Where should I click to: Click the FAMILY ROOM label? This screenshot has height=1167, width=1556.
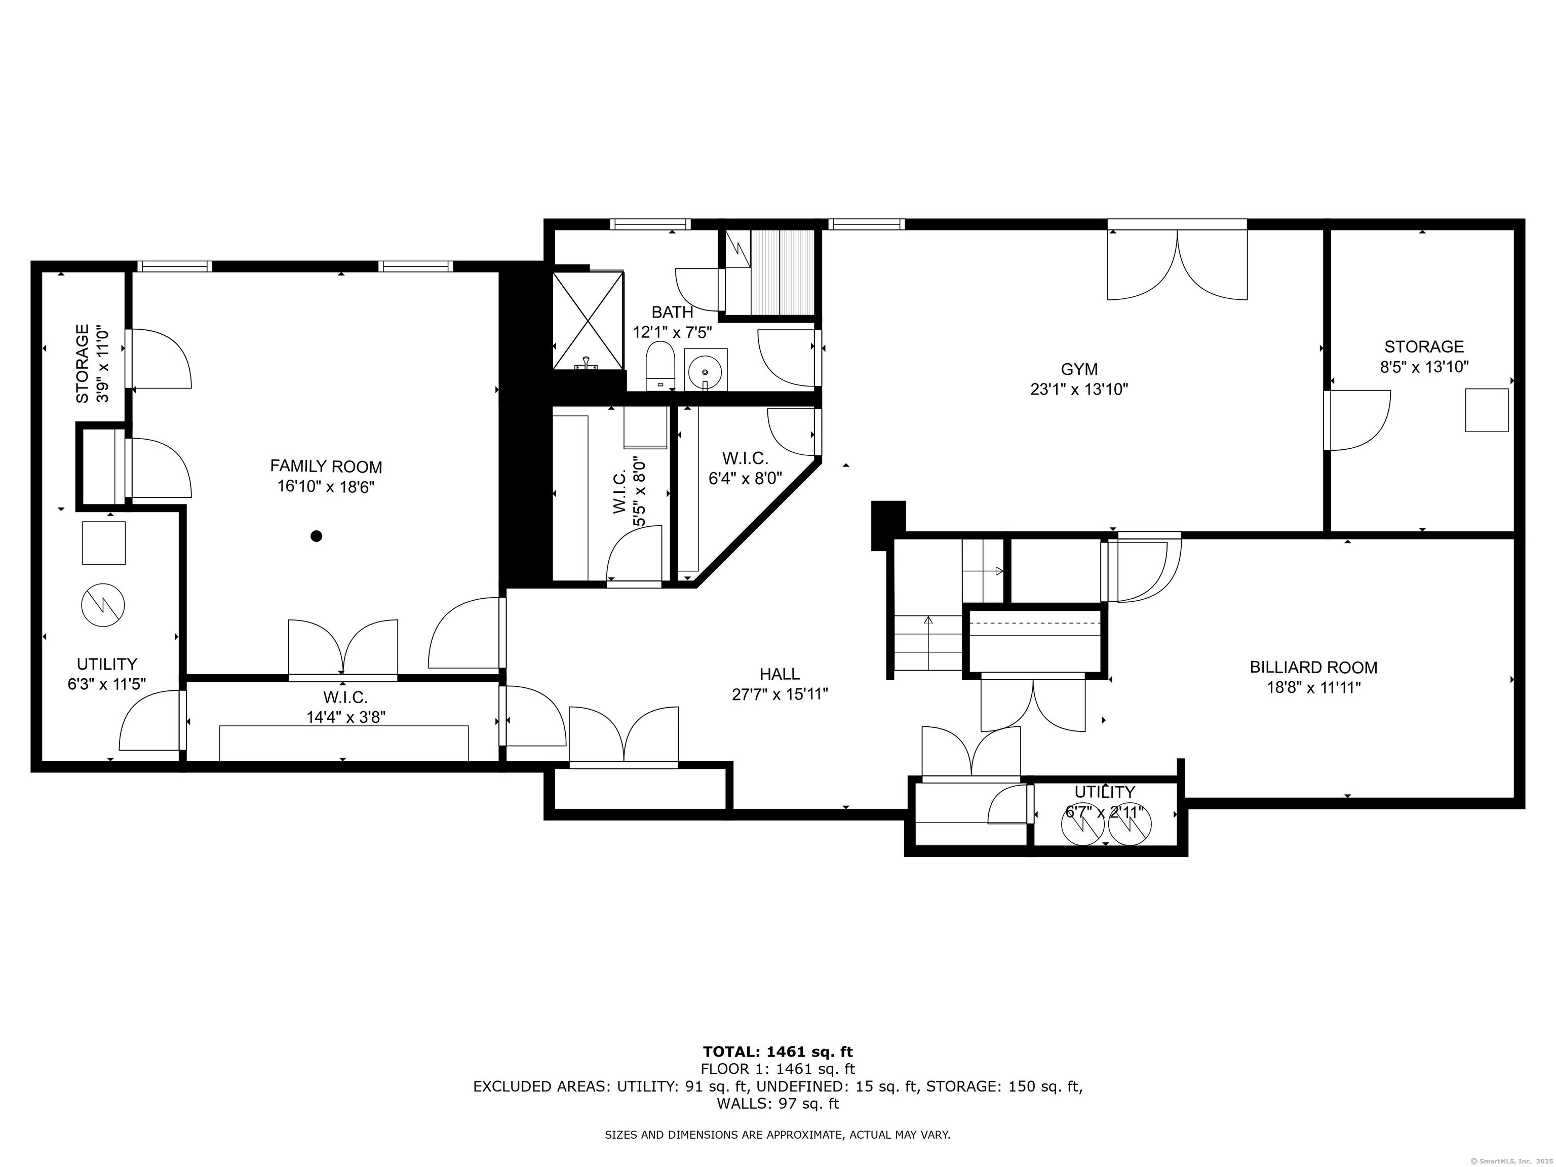click(326, 466)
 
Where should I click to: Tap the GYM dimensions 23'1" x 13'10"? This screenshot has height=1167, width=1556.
click(1079, 389)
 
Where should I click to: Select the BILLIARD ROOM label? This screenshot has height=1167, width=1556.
click(1313, 667)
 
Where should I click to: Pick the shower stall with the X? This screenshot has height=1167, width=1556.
click(588, 320)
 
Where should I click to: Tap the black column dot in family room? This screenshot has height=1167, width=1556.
click(317, 536)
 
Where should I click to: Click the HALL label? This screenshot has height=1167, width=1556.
click(780, 674)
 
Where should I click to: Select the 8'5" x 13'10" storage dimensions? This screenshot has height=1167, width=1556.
click(1424, 367)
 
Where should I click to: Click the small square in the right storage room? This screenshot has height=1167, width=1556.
click(1487, 410)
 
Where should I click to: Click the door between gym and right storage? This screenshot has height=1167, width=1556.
click(1357, 420)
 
